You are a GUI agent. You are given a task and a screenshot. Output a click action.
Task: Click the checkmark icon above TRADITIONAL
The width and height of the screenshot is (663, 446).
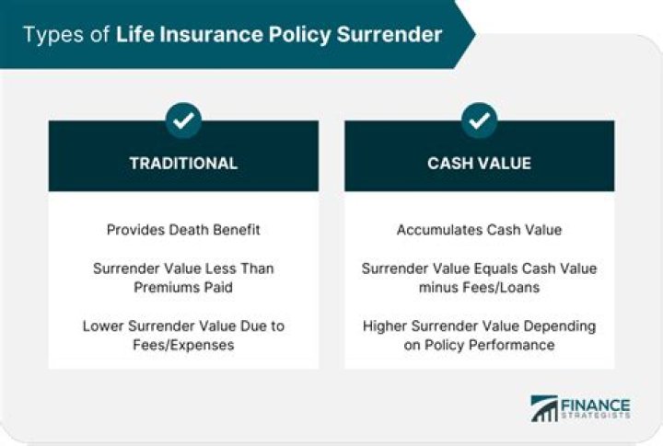coord(183,120)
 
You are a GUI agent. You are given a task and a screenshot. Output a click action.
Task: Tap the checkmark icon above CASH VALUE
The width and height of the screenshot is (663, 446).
coord(479,120)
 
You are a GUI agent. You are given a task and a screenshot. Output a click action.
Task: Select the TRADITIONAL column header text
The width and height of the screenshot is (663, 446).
coord(183,164)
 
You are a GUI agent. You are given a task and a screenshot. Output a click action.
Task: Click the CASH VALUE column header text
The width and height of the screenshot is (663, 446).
coord(479,164)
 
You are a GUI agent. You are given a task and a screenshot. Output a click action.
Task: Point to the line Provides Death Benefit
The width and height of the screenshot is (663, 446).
coord(183,230)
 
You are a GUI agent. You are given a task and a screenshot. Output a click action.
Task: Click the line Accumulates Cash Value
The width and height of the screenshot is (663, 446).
coord(479,230)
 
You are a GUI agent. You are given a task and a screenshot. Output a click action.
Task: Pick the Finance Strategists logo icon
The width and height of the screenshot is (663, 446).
coord(543,408)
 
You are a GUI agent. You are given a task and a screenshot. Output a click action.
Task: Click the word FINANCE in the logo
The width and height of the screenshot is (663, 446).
coord(597,404)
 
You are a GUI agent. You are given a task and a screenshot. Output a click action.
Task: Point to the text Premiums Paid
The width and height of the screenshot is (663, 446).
coord(183,287)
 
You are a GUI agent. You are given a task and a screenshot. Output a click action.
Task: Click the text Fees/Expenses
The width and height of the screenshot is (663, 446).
coord(183,345)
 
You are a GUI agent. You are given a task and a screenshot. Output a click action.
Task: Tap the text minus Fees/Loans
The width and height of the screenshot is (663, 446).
coord(479,287)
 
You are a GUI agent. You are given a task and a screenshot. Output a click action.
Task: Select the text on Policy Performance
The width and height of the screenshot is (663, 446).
coord(479,345)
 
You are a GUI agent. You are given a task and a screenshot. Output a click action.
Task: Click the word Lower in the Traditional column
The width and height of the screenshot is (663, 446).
coord(103,326)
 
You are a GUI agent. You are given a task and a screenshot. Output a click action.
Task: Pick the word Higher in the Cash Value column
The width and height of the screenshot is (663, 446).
coord(387,326)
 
